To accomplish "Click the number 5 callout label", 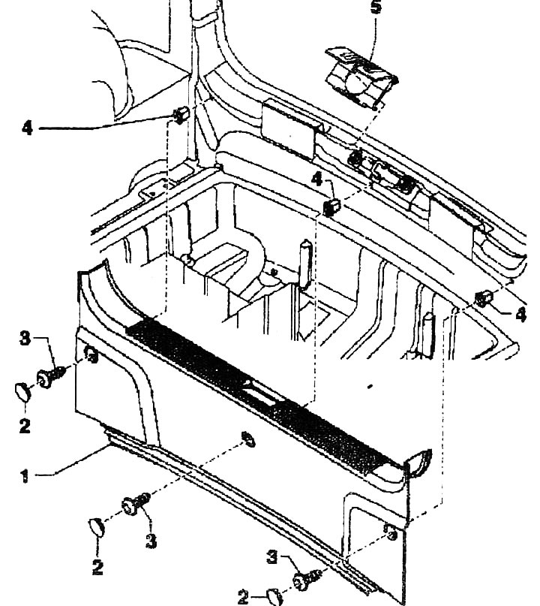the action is click(x=376, y=7).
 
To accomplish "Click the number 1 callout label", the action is click(x=25, y=476).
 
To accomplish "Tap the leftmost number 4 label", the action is click(x=27, y=128).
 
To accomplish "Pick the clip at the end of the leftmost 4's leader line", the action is click(x=180, y=115).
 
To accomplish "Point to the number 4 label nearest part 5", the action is click(x=316, y=179).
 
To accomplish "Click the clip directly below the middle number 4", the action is click(x=331, y=207).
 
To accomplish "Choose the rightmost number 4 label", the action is click(x=520, y=314).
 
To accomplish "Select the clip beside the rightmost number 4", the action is click(x=484, y=299).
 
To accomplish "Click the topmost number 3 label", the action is click(x=25, y=339).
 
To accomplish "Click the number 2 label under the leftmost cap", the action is click(x=25, y=427).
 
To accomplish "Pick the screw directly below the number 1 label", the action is click(x=136, y=503).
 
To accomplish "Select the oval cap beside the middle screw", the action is click(x=97, y=528).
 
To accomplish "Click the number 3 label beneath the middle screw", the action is click(x=151, y=541).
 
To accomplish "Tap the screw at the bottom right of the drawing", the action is click(x=307, y=579).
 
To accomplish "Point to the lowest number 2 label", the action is click(x=243, y=598).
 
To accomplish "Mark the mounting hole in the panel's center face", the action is click(x=248, y=439).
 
